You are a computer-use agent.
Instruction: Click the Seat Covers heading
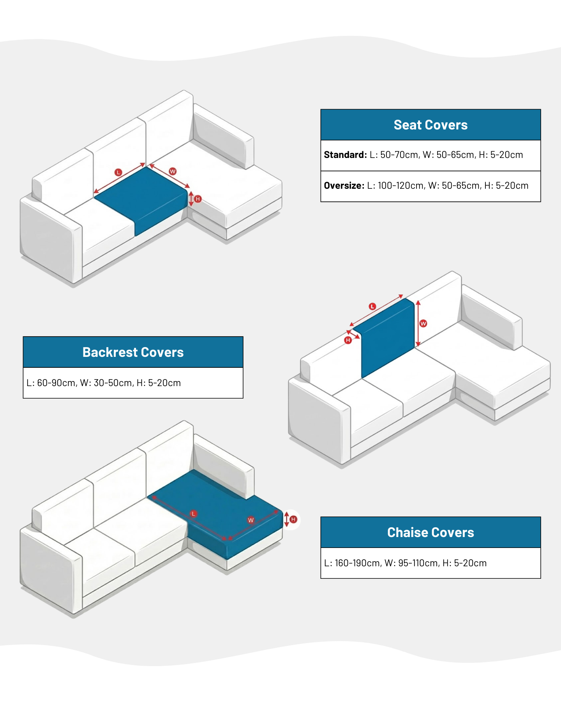[x=430, y=125]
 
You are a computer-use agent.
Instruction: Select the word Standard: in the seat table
[x=345, y=155]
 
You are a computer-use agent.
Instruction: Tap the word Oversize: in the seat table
[x=344, y=186]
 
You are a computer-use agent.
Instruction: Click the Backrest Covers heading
[x=133, y=352]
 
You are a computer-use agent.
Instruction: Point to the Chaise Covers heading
[x=430, y=532]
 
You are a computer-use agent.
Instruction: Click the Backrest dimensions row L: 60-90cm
[x=104, y=383]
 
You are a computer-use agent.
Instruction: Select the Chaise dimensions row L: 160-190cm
[x=405, y=563]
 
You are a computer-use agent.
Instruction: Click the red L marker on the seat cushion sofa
[x=118, y=172]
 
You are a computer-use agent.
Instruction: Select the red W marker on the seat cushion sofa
[x=173, y=171]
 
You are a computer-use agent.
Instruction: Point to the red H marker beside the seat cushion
[x=198, y=199]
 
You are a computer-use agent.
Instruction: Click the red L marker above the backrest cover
[x=372, y=307]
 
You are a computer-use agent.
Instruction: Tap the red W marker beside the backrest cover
[x=423, y=323]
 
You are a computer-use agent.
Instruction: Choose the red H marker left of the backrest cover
[x=348, y=340]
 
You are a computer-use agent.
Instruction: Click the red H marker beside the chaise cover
[x=293, y=519]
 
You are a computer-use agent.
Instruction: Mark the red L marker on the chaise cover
[x=193, y=514]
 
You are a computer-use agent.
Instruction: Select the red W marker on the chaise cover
[x=251, y=520]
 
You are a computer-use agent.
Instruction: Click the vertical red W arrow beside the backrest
[x=418, y=323]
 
